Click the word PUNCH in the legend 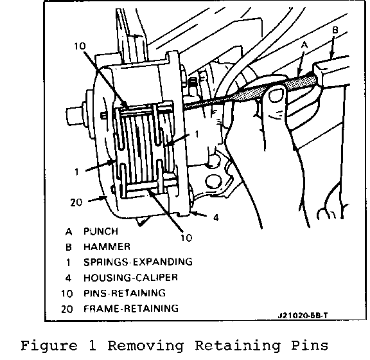[101, 231]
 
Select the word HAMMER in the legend [107, 247]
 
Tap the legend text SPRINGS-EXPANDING [138, 262]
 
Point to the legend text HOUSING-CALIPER [131, 278]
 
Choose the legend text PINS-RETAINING [125, 293]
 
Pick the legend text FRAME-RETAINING [131, 309]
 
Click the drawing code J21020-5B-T [303, 316]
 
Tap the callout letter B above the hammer [335, 30]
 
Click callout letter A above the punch [304, 45]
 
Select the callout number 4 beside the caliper [216, 217]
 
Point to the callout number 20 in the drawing [76, 203]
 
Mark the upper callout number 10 [80, 46]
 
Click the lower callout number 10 [186, 238]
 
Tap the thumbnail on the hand [277, 94]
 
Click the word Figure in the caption [49, 346]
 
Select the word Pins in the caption [310, 345]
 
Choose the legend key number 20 [67, 309]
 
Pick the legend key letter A [69, 231]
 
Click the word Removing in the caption [146, 346]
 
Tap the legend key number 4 [68, 278]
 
